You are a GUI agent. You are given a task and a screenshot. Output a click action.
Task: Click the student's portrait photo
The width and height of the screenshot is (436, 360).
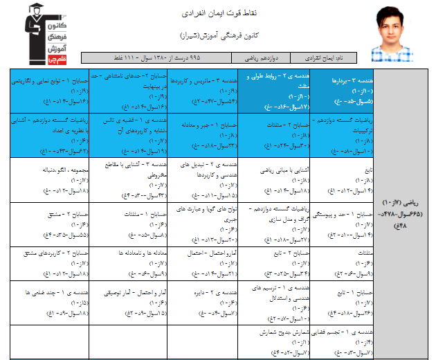click(x=397, y=34)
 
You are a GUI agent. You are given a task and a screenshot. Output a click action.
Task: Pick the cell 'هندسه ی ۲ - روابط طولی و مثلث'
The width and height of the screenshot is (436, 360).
click(x=271, y=91)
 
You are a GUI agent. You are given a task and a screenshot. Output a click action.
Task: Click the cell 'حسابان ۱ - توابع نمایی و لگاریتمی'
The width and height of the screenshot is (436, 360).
click(x=50, y=91)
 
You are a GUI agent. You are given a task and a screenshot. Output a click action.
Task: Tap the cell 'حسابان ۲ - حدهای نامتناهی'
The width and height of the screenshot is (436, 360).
click(x=129, y=91)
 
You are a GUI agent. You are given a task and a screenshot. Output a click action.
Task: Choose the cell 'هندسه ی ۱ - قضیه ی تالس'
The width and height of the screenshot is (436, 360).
click(x=129, y=134)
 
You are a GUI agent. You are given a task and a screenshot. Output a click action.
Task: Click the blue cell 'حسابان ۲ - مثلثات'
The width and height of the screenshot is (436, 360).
click(x=271, y=134)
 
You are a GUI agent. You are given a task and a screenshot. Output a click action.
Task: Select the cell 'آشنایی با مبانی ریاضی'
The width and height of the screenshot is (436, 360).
click(x=271, y=179)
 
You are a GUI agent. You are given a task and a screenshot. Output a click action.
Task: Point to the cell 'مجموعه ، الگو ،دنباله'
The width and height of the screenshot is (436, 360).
click(x=50, y=179)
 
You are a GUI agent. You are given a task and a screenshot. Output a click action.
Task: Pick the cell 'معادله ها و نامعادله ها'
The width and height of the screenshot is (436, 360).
click(x=129, y=264)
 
